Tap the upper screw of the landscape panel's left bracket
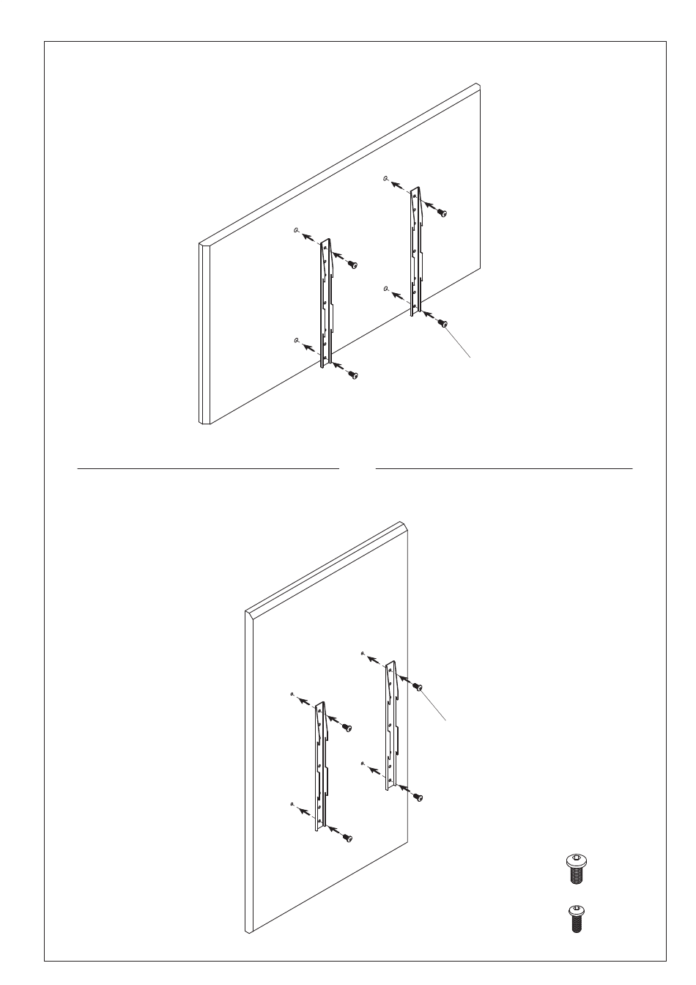[352, 264]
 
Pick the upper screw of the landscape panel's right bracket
[442, 213]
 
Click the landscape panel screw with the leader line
[443, 323]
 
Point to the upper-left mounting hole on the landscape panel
[296, 231]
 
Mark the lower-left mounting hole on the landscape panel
[296, 340]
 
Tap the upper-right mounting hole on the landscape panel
[385, 178]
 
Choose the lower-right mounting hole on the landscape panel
[385, 289]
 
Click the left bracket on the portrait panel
[320, 766]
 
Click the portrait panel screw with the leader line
[418, 687]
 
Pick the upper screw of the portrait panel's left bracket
[347, 728]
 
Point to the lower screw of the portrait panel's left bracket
[347, 838]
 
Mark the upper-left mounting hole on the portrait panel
[292, 693]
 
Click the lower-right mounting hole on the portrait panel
[363, 764]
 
